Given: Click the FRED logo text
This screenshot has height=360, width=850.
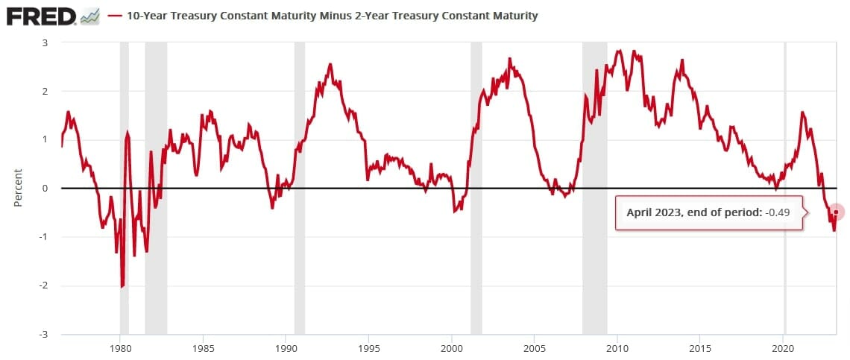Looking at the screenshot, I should [x=41, y=16].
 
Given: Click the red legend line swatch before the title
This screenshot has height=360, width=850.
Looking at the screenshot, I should [x=116, y=16].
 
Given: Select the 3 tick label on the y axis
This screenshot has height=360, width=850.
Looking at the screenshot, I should [x=45, y=43].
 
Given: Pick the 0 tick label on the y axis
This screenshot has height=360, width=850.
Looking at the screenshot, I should [x=45, y=189].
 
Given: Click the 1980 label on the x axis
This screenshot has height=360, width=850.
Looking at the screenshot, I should [x=120, y=347].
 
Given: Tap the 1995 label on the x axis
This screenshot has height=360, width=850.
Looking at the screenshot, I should [x=369, y=347].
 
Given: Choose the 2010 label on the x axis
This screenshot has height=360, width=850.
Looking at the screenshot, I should [x=617, y=347].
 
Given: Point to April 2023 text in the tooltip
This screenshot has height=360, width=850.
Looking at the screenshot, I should [x=653, y=212].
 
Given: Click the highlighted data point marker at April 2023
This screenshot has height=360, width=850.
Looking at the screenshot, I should [x=837, y=212].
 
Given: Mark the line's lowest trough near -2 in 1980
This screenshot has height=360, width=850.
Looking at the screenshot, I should [x=122, y=286].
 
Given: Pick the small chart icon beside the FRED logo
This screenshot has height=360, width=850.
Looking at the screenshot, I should [x=90, y=16].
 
